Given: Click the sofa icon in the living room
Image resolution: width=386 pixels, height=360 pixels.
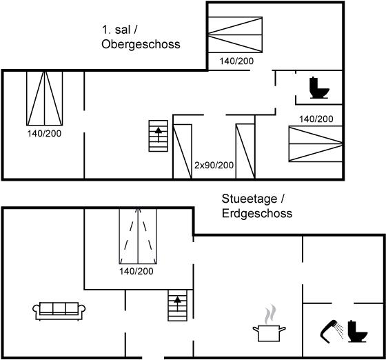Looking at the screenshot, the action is coord(59,311).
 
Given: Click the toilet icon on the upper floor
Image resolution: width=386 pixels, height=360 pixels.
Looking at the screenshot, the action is coord(319,88).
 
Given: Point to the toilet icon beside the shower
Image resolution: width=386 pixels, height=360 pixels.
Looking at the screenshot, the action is coord(358,331).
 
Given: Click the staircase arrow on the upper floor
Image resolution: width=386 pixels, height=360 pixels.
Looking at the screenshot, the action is coord(159,134).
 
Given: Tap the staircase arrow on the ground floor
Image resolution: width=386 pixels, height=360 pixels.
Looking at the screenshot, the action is coord(177,304).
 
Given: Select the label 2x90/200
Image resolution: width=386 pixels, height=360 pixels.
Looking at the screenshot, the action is coord(214,166).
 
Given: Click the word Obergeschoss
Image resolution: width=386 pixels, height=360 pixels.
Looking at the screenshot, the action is coord(141,45).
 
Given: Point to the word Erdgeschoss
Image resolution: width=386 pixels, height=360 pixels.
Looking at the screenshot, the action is coord(257,213).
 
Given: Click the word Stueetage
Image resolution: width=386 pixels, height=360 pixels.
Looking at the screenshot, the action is coord(250,199).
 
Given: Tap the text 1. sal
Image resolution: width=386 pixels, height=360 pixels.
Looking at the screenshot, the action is coord(116,30).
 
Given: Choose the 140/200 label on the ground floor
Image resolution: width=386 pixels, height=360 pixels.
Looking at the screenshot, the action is coord(136,271).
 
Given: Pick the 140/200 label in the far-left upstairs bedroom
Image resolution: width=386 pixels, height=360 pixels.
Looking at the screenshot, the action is coord(44,134).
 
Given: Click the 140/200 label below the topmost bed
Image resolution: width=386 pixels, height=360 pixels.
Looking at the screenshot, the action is coord(236,61).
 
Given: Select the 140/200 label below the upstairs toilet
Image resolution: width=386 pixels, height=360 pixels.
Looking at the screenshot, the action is coord(316,119).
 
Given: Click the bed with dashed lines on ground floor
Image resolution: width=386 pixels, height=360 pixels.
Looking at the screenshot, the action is coord(138,237).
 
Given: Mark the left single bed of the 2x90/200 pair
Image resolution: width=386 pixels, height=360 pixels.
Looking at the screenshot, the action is coord(183,152).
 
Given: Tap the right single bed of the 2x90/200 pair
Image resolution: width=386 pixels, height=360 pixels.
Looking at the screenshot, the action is coord(245,152).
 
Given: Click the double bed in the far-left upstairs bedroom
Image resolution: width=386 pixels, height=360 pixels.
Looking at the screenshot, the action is coord(45,98).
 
